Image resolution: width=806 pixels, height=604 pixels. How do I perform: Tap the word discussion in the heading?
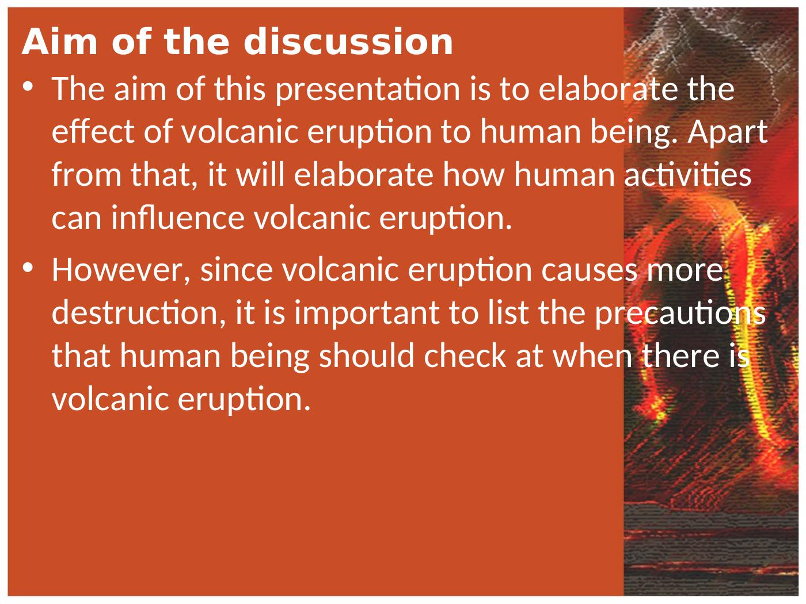[x=348, y=42]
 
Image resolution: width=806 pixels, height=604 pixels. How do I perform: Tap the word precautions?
[x=679, y=313]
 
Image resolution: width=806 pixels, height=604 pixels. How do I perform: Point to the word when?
[x=590, y=356]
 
